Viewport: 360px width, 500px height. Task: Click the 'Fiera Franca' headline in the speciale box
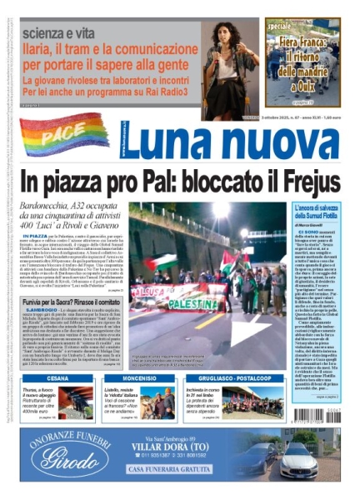(303, 50)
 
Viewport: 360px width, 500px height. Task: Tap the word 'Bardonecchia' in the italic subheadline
(57, 205)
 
